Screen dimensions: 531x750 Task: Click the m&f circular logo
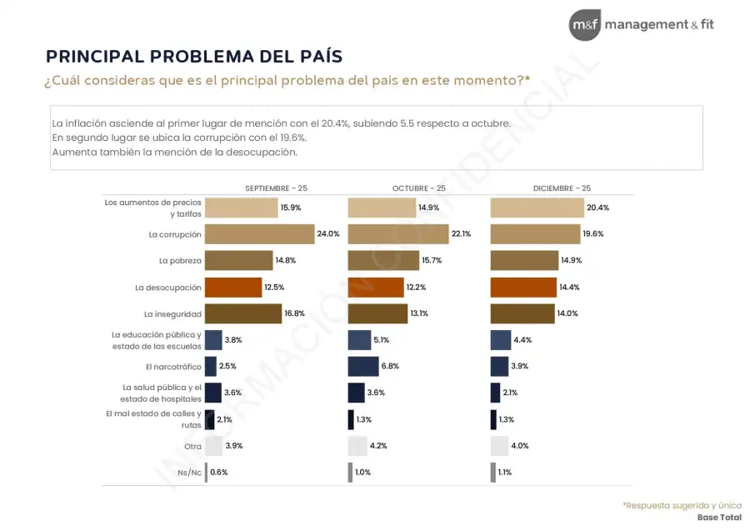pyautogui.click(x=584, y=25)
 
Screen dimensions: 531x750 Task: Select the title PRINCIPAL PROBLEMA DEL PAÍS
pyautogui.click(x=193, y=56)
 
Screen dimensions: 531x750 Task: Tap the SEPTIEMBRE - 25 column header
pyautogui.click(x=276, y=188)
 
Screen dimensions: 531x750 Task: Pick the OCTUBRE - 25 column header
pyautogui.click(x=418, y=188)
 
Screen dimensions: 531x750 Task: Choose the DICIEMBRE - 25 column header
pyautogui.click(x=562, y=188)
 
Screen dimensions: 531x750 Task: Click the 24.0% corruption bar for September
pyautogui.click(x=259, y=234)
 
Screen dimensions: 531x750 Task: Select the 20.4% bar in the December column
pyautogui.click(x=537, y=208)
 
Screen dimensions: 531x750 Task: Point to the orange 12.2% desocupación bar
pyautogui.click(x=376, y=288)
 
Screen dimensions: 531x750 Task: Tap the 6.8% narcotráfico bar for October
pyautogui.click(x=362, y=366)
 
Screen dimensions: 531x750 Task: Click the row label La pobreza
pyautogui.click(x=180, y=261)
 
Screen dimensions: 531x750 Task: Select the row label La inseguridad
pyautogui.click(x=172, y=314)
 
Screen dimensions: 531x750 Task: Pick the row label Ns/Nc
pyautogui.click(x=191, y=473)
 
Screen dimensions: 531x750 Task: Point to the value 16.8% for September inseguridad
pyautogui.click(x=295, y=314)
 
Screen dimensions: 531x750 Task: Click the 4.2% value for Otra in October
pyautogui.click(x=378, y=446)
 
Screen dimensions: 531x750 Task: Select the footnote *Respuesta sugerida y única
pyautogui.click(x=682, y=505)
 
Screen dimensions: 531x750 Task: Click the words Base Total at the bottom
pyautogui.click(x=719, y=518)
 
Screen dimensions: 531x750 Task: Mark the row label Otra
pyautogui.click(x=192, y=446)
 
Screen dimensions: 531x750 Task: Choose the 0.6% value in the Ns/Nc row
pyautogui.click(x=219, y=473)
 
